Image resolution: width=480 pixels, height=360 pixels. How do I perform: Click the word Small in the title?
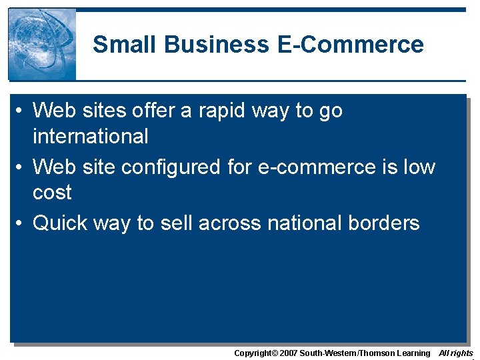(125, 45)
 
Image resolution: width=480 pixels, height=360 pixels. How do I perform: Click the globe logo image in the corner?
(42, 45)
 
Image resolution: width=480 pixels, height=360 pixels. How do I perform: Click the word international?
(91, 137)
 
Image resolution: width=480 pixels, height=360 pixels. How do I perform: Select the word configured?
(175, 166)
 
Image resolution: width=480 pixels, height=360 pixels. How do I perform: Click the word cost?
(52, 193)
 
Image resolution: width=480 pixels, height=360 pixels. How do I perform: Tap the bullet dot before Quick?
(22, 223)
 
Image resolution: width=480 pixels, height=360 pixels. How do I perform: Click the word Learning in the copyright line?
(413, 353)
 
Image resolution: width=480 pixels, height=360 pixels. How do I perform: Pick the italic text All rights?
(456, 353)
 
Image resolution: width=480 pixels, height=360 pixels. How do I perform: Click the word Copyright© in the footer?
(255, 353)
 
